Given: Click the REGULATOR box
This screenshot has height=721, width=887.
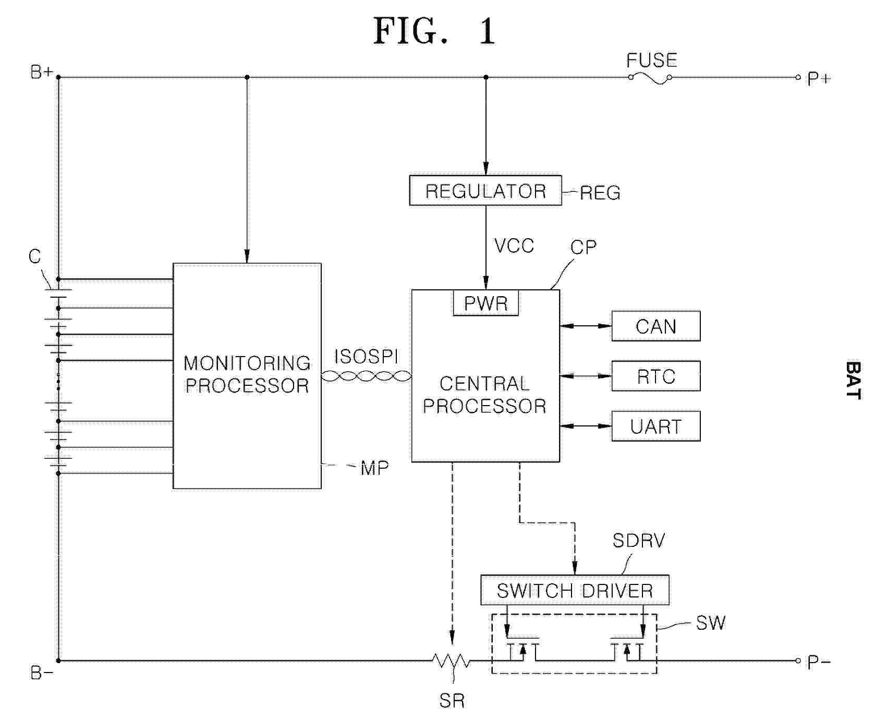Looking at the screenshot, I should pos(485,191).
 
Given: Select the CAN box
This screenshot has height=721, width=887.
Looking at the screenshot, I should pos(655,326).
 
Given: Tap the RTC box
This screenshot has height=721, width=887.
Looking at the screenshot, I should pos(655,376).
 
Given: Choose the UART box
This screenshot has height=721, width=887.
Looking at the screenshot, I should pos(655,426).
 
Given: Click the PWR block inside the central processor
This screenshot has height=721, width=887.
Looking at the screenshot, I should pos(485,303).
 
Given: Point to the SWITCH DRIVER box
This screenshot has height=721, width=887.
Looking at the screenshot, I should pos(574,590).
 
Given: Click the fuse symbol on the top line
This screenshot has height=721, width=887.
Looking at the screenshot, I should pos(650,78).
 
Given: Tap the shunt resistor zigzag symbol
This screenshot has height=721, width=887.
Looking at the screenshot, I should pos(451,661).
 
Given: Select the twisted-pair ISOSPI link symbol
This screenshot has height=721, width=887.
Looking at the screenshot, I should pos(366,376).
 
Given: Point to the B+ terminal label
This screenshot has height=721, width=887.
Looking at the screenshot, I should pos(41,72).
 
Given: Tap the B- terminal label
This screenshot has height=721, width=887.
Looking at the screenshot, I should pos(42,673).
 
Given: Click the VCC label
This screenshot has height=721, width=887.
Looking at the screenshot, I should pos(514,246).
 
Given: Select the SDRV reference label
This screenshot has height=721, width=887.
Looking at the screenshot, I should pos(639,541).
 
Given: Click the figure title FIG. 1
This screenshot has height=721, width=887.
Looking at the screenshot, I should pos(434,31).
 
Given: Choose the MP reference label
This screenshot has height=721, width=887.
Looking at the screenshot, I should pos(374,468).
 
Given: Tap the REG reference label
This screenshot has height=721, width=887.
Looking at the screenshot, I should pos(600,193).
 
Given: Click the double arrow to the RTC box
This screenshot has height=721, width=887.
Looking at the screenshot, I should pos(586,376).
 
